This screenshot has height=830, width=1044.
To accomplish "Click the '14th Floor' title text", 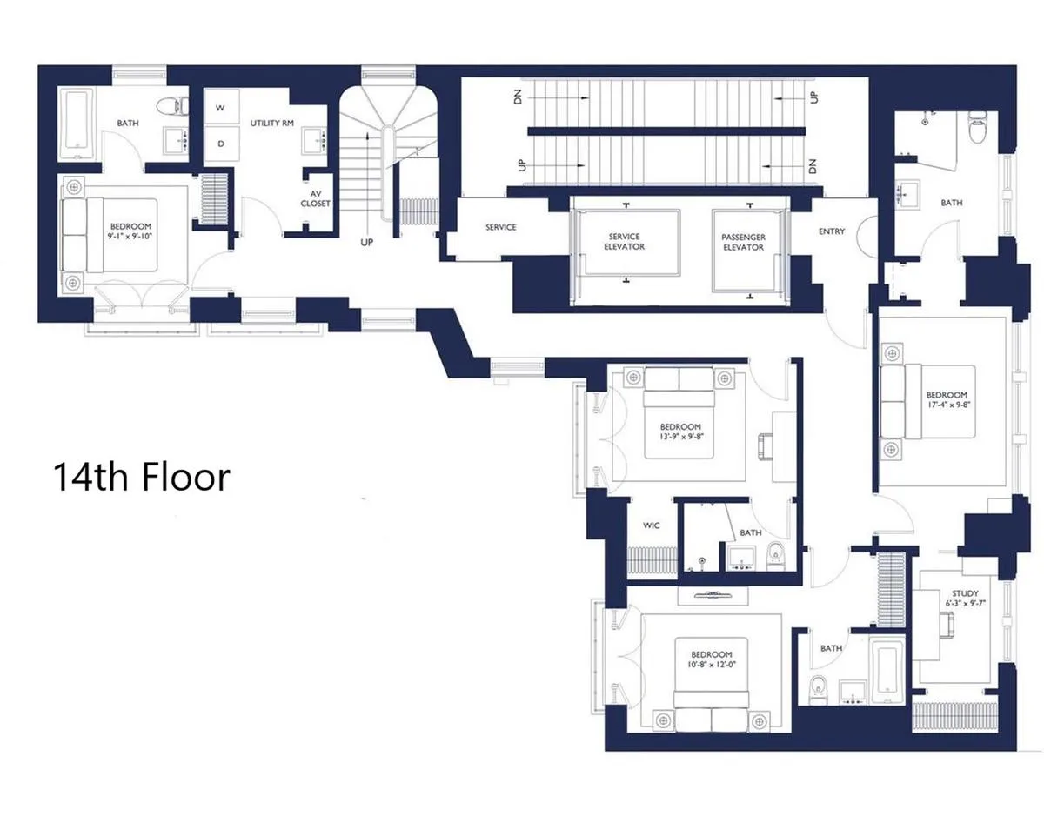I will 142,478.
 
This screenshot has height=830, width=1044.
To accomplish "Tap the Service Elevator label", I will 624,242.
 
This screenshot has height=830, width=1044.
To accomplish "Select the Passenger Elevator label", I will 742,242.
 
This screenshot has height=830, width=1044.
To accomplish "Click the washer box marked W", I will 221,108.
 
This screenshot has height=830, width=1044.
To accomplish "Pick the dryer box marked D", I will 221,144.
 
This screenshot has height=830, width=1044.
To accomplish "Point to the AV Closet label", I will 315,198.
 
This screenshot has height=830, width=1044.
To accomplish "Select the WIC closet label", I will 651,525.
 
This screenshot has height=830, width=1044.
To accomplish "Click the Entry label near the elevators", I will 832,231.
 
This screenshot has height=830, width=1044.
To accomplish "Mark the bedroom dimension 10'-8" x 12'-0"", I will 712,659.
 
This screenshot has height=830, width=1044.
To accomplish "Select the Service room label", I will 500,228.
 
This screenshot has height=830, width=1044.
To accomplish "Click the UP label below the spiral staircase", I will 366,243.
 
